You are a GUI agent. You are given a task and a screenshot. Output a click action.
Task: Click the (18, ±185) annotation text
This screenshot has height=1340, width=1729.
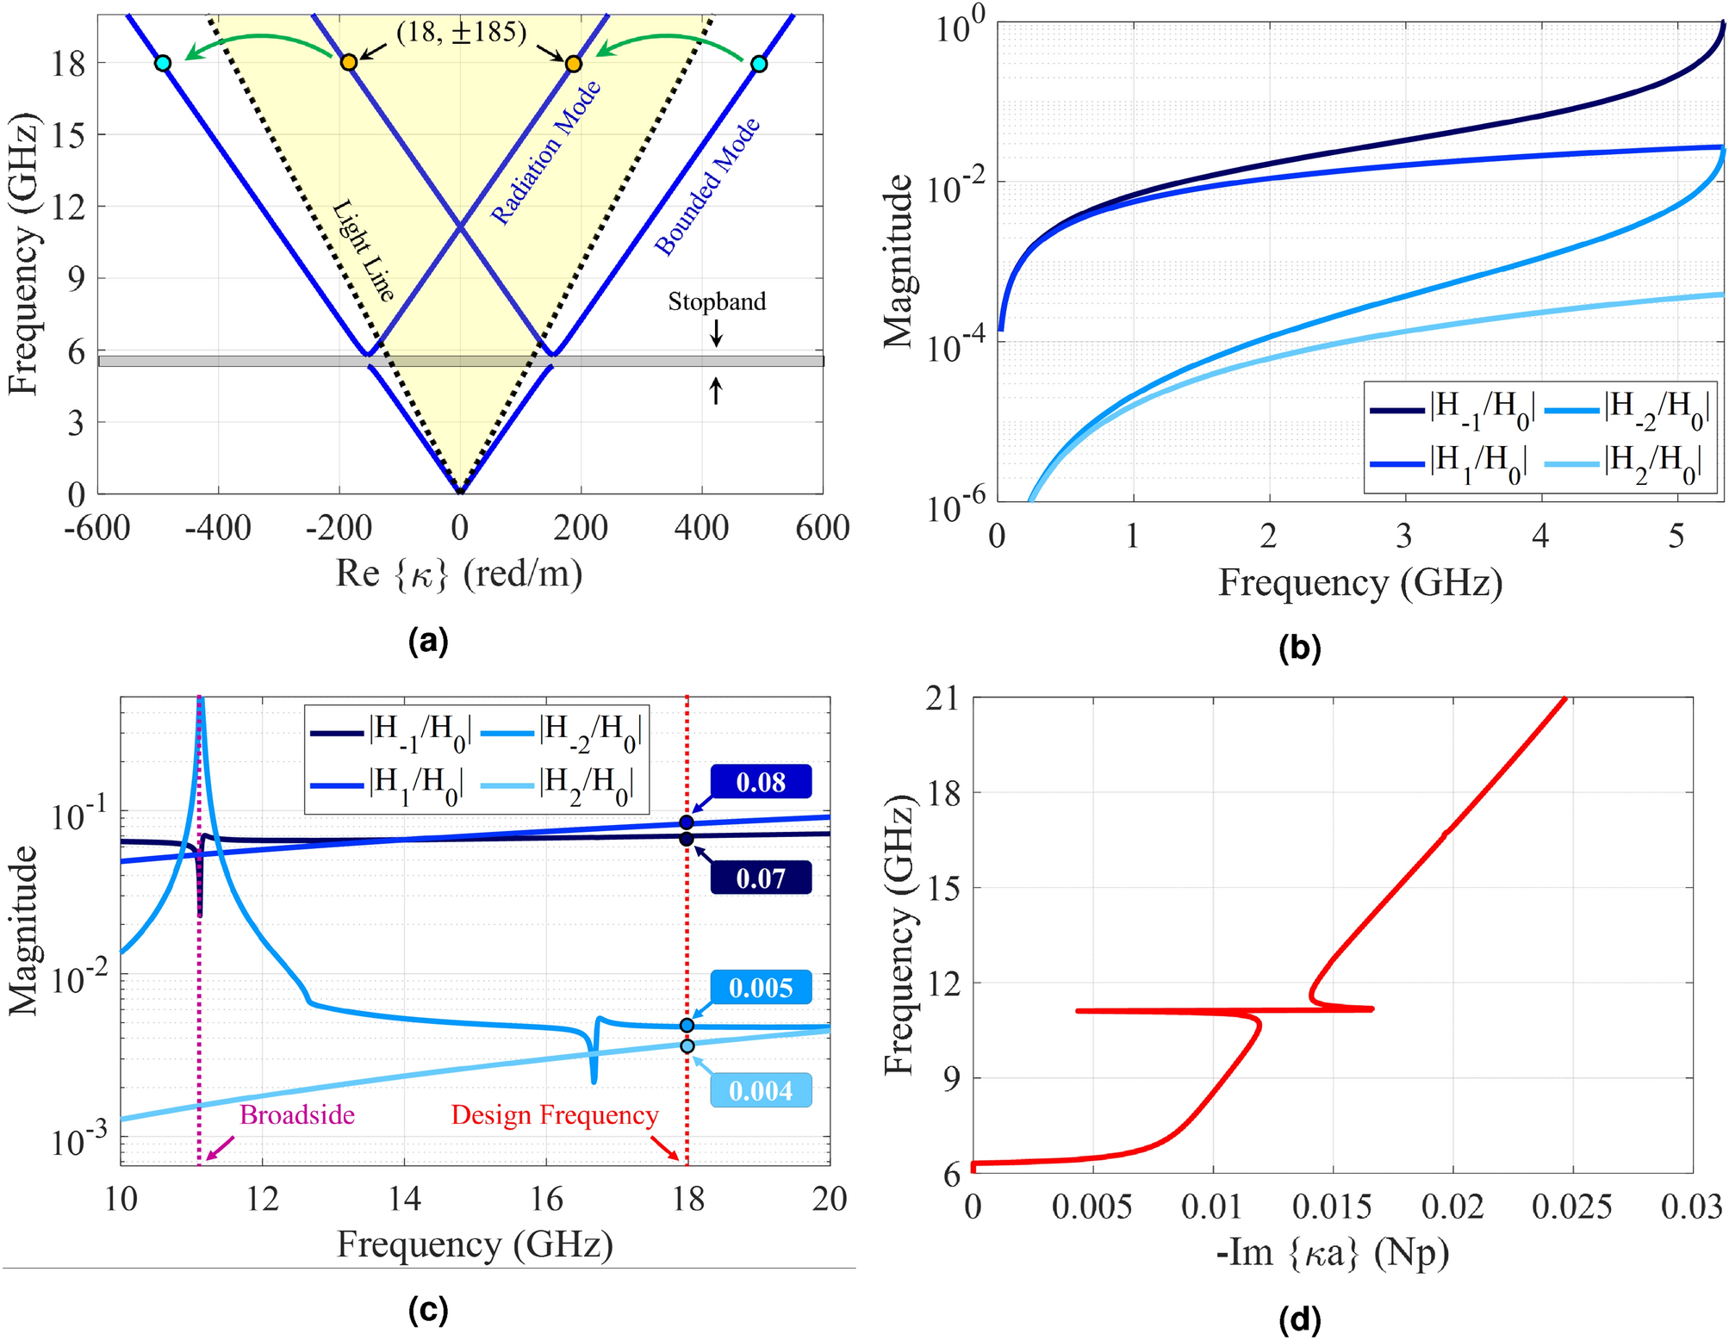point(461,34)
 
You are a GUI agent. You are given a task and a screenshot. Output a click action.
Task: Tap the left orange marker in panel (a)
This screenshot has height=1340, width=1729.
point(348,63)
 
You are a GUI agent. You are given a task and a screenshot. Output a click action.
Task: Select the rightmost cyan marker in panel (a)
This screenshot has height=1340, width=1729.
point(758,64)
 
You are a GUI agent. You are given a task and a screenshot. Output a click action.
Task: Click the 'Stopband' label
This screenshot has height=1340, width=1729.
point(717,301)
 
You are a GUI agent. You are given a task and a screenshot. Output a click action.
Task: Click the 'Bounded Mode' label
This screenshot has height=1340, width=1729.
point(707,187)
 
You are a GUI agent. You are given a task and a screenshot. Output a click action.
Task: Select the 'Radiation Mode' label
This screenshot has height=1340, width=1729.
point(545,153)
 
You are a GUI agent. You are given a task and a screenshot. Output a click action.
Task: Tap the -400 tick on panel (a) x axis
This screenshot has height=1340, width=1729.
point(218,527)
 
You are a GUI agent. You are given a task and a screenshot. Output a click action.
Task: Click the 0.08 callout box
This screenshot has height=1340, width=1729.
point(761,782)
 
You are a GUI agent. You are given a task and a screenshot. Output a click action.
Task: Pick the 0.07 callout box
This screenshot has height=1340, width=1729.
point(761,878)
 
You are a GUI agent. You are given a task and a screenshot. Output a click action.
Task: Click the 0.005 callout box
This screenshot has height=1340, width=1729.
point(761,987)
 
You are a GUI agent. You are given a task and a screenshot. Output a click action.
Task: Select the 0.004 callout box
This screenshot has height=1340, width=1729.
point(761,1090)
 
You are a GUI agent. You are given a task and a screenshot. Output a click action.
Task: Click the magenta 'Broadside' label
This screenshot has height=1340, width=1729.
point(297,1115)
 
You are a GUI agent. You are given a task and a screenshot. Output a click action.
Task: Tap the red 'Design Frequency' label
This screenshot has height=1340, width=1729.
point(555,1115)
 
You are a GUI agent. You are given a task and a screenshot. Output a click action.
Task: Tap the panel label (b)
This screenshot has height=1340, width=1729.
point(1299,648)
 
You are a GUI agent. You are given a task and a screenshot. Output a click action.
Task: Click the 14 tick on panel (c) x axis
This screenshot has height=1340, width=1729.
point(404,1199)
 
